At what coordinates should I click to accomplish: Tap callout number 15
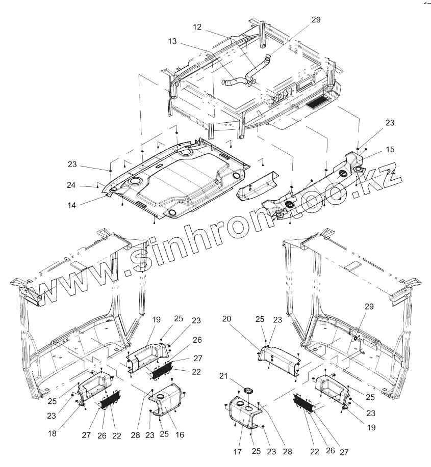(x=390, y=150)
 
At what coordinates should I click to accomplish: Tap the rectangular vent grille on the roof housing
(x=318, y=103)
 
